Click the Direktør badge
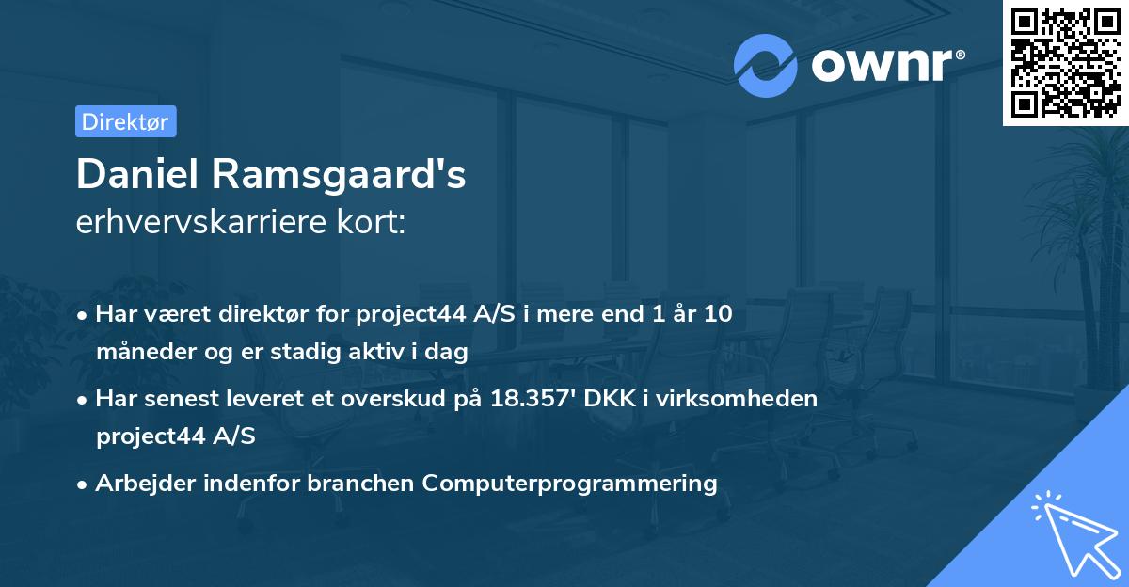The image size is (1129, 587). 125,121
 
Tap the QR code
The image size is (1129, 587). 1065,62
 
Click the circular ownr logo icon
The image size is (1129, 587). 766,66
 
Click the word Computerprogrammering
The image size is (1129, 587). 569,484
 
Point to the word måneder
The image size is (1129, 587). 139,352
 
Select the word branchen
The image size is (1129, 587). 365,484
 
